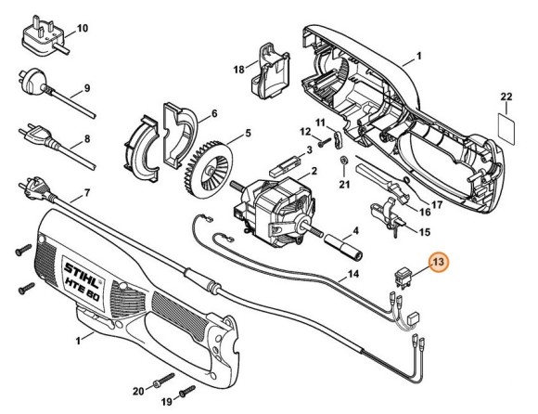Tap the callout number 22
tap(506, 97)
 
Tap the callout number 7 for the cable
tap(85, 193)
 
